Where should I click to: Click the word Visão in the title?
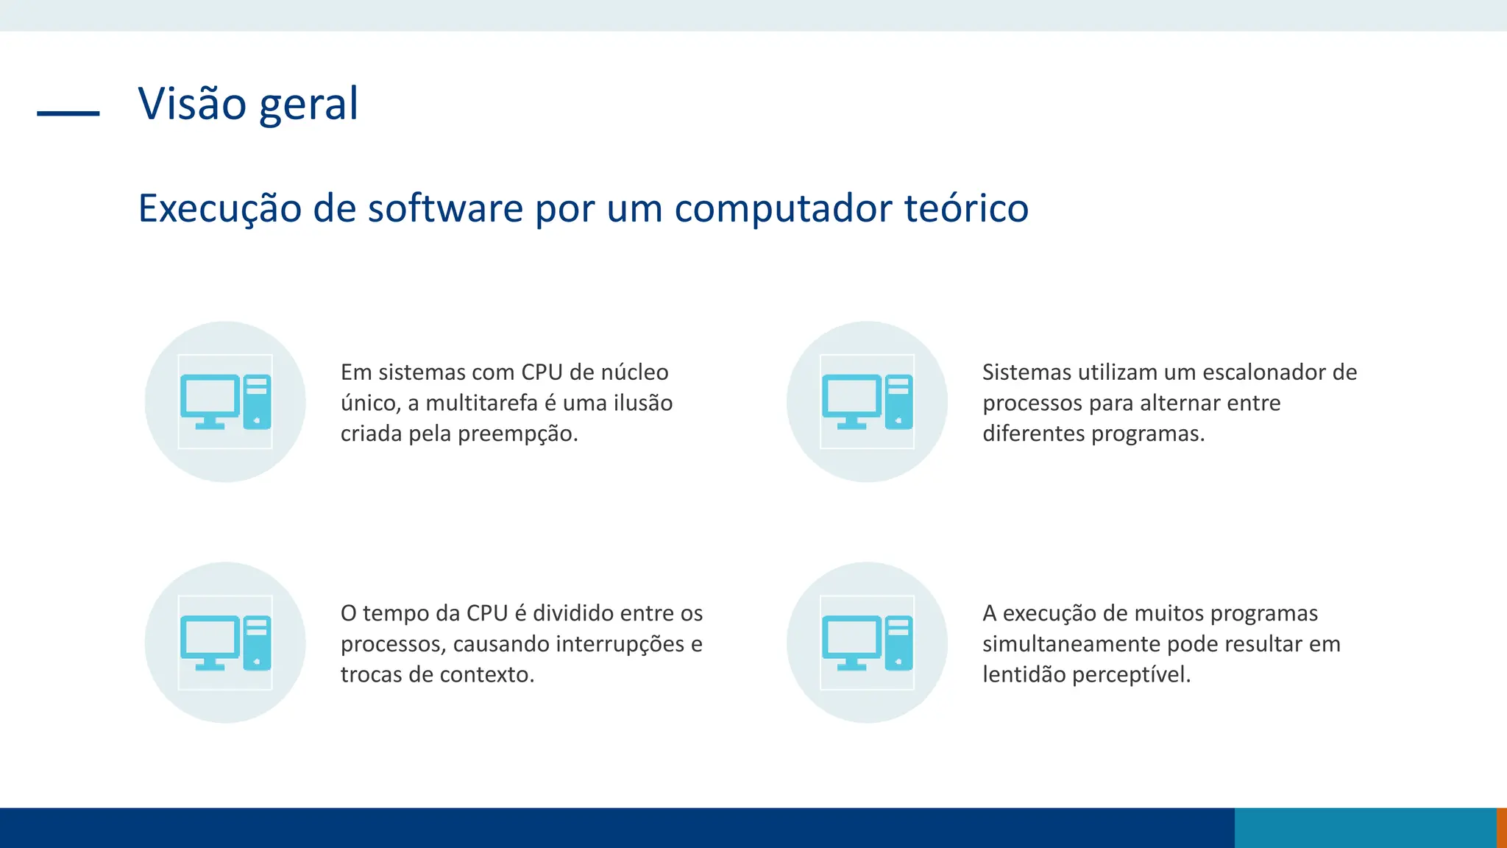[x=192, y=104]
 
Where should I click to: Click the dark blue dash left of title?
[x=68, y=113]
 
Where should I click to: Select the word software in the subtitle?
[x=445, y=208]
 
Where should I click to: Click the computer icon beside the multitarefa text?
[x=225, y=402]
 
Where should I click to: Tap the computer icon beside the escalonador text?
[x=867, y=402]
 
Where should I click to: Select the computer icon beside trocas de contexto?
[x=225, y=643]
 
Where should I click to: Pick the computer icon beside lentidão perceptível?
[x=867, y=643]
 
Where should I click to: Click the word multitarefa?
[x=481, y=403]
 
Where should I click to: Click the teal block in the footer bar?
[x=1365, y=827]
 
